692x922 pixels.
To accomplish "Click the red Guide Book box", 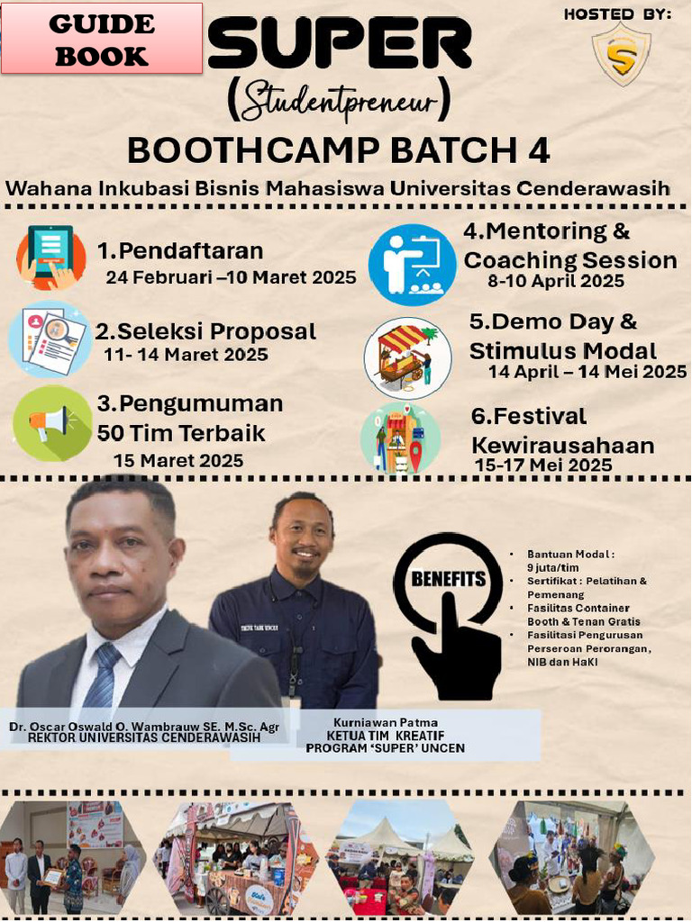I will pyautogui.click(x=101, y=38).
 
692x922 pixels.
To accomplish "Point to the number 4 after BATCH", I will pyautogui.click(x=539, y=150).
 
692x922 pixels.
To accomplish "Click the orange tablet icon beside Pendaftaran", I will pyautogui.click(x=51, y=257).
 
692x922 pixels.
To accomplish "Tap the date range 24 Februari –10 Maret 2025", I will pyautogui.click(x=231, y=277).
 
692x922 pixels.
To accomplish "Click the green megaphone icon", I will pyautogui.click(x=52, y=423).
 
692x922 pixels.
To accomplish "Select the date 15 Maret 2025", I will pyautogui.click(x=178, y=461).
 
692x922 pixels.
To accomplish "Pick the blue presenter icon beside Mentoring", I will pyautogui.click(x=412, y=264).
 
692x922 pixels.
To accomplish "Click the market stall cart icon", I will pyautogui.click(x=407, y=357).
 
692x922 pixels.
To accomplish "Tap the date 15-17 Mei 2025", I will pyautogui.click(x=543, y=466).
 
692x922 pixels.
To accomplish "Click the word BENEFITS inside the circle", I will pyautogui.click(x=448, y=579).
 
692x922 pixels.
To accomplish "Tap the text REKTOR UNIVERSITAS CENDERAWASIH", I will pyautogui.click(x=144, y=737).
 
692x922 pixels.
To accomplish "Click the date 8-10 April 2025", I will pyautogui.click(x=556, y=281).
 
